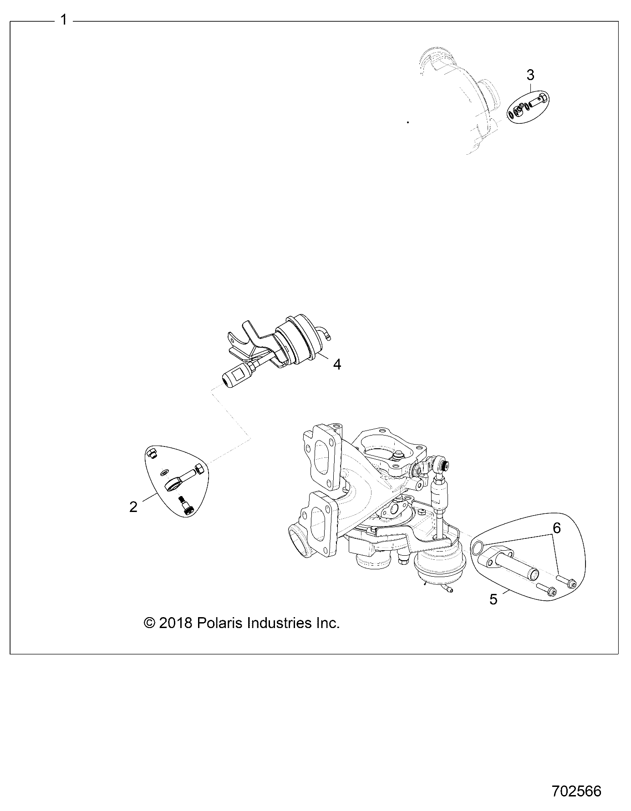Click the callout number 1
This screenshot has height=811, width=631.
pos(64,20)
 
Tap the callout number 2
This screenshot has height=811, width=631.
pos(133,507)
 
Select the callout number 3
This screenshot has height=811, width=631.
pos(530,75)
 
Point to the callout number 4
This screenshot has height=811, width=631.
pos(337,364)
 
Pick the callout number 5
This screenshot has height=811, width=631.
pos(494,599)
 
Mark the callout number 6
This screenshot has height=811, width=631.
pos(556,528)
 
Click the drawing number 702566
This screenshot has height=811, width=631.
pos(576,791)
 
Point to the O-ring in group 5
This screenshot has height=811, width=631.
pos(478,549)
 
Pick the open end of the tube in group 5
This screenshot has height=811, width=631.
pos(533,572)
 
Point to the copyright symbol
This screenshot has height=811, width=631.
pos(149,623)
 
